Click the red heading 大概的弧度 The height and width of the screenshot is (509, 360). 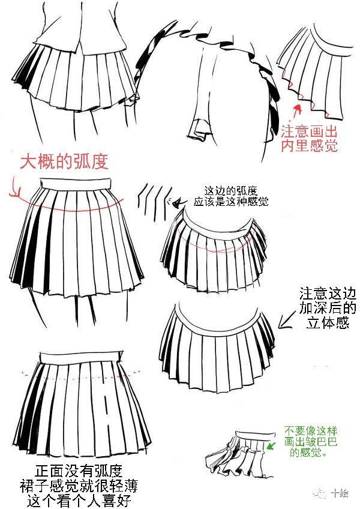point(64,161)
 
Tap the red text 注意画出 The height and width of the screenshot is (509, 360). point(309,132)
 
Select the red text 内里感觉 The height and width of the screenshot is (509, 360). point(309,146)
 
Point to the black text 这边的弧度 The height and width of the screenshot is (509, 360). point(231,190)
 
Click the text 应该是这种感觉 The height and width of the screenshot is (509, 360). point(231,202)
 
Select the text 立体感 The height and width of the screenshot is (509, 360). point(328,323)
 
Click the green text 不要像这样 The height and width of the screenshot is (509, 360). point(311,432)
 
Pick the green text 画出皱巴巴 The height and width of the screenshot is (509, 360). point(311,442)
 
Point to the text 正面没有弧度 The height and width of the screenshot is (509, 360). point(79,472)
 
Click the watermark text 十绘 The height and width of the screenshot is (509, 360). point(340,494)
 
